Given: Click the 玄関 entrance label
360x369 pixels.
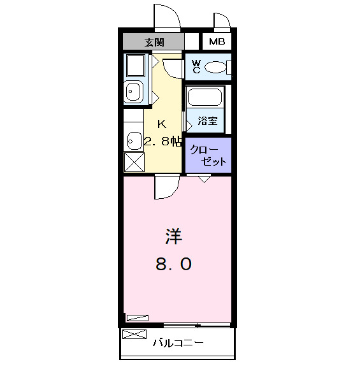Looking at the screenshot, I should (154, 42).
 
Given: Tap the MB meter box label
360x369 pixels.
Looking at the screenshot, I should (217, 42).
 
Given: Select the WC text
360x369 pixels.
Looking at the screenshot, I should (196, 66).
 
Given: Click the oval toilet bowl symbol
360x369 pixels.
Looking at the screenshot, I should (217, 66).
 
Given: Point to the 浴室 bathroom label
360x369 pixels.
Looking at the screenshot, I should (206, 120).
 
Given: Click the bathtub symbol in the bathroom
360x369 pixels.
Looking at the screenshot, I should (204, 98).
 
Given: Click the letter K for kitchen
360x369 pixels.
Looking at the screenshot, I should (162, 124).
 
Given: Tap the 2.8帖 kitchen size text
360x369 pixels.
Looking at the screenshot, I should (164, 141).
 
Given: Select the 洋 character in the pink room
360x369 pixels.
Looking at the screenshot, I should (173, 237).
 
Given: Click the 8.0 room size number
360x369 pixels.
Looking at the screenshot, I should (173, 263).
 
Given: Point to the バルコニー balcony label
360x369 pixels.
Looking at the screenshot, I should (178, 343).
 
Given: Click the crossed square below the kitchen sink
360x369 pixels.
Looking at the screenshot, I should (134, 162).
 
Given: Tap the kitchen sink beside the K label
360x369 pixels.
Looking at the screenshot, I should (133, 139).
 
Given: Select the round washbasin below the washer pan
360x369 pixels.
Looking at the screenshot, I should (133, 93).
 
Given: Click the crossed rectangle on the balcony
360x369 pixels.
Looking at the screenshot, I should (134, 335).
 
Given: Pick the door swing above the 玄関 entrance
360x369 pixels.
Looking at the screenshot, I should (167, 17).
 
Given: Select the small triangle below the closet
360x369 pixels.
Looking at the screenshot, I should (203, 179).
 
